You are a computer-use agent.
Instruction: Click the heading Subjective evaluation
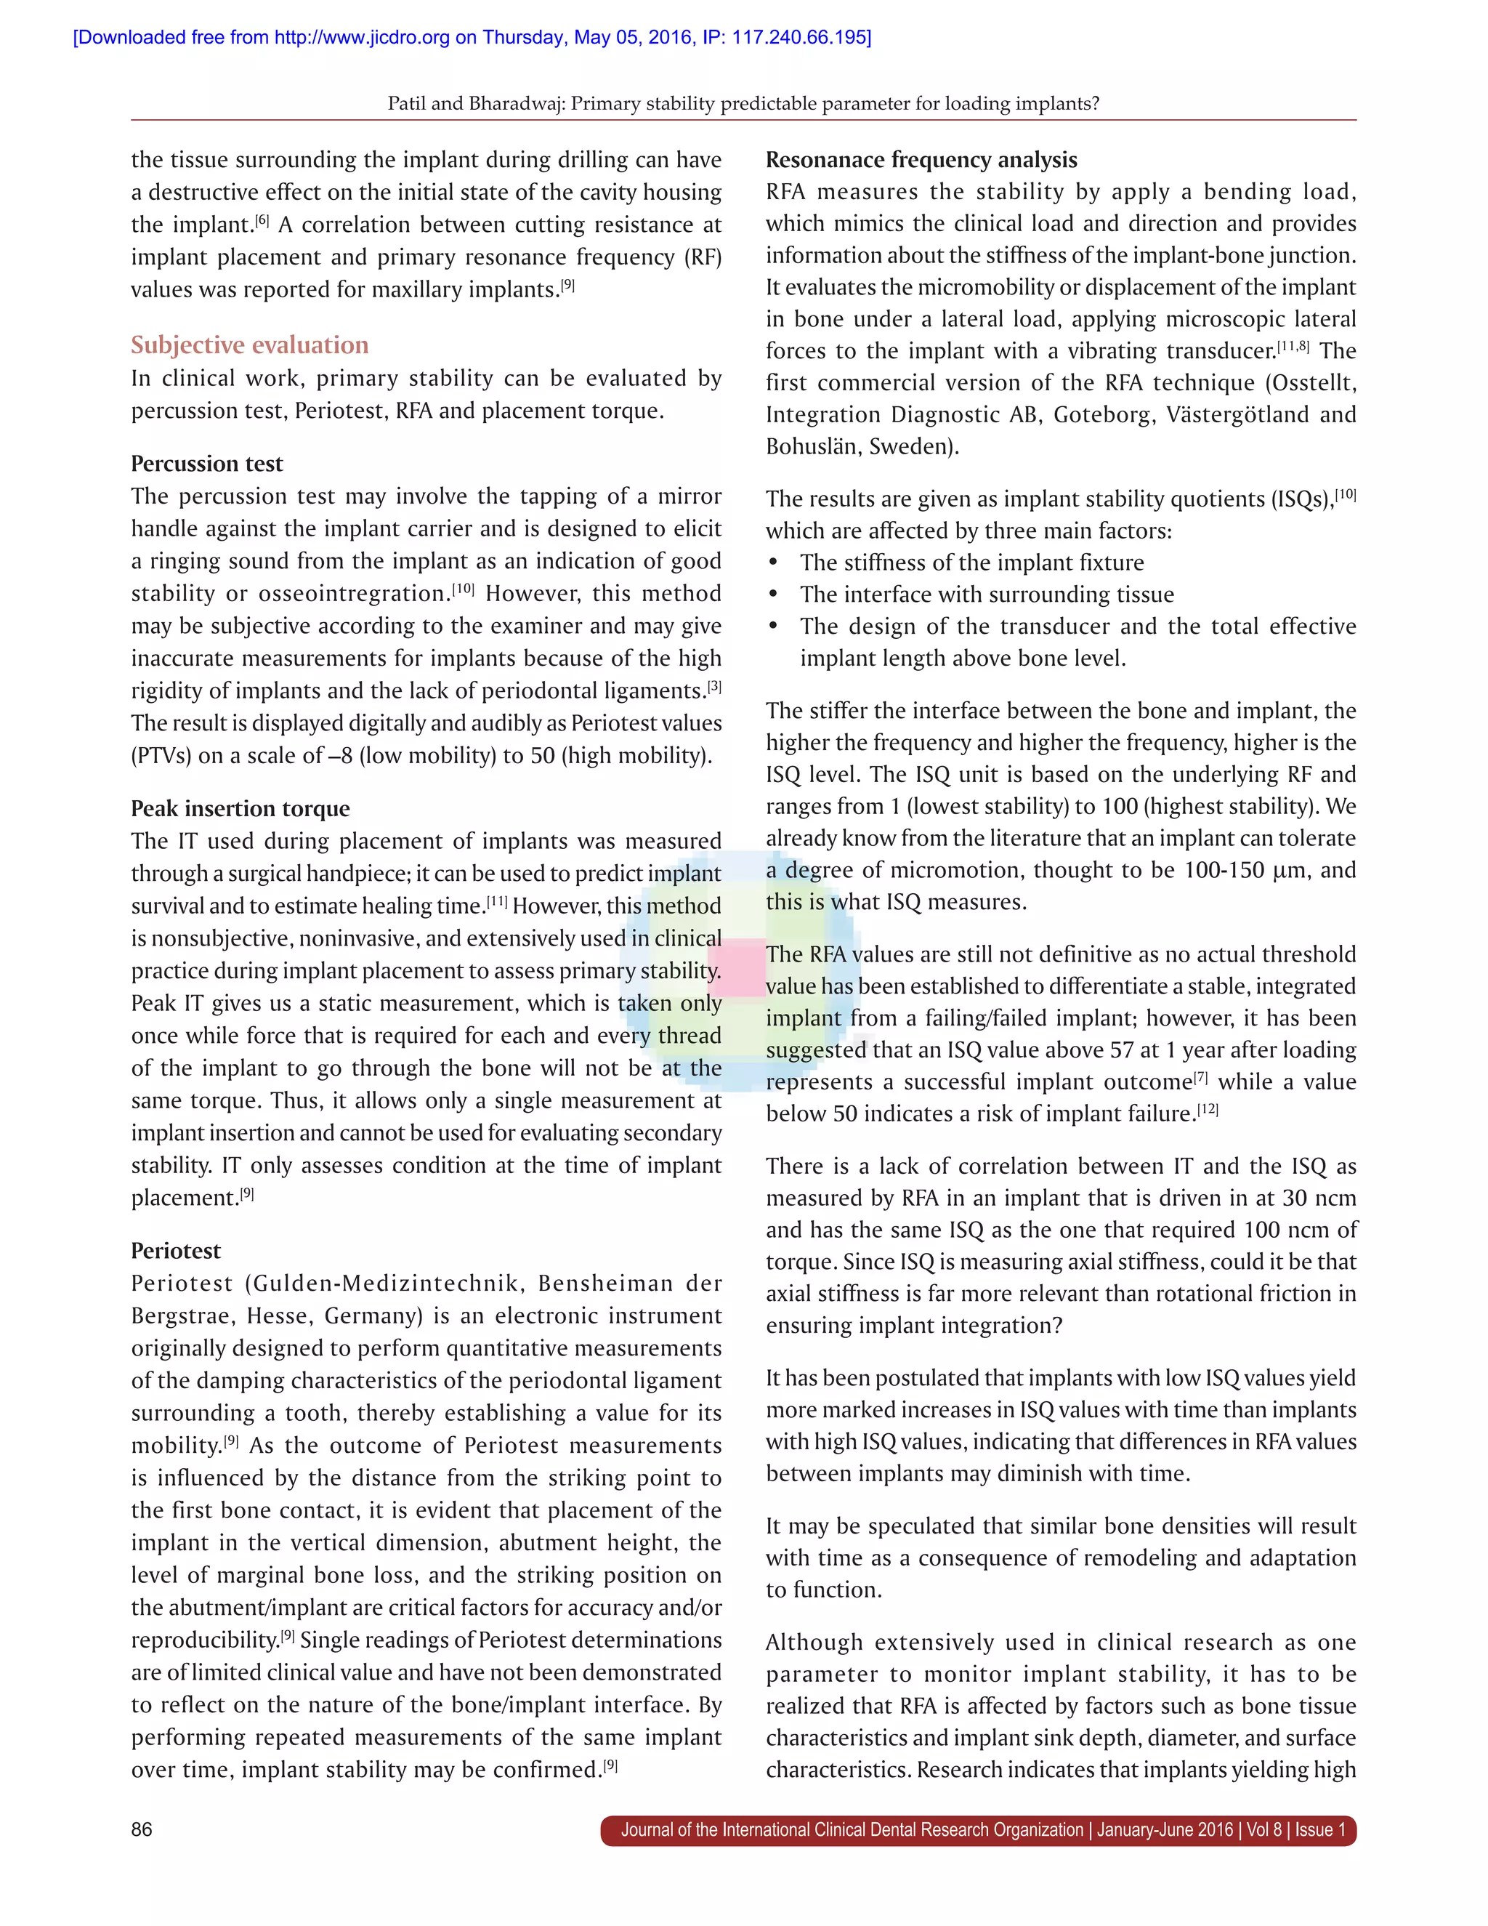tap(249, 344)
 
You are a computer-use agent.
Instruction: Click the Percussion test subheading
tap(207, 464)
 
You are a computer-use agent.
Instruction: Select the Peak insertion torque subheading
tap(240, 809)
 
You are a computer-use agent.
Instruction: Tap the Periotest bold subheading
tap(175, 1251)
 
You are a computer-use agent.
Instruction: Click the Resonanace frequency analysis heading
tap(921, 160)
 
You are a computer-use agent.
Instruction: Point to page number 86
tap(142, 1830)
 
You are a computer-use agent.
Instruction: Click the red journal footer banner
tap(979, 1830)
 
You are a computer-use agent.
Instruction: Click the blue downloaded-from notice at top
tap(472, 37)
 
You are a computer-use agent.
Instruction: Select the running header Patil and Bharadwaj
tap(743, 103)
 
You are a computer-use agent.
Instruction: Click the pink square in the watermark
tap(737, 967)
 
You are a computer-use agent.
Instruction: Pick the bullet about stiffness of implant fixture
tap(971, 563)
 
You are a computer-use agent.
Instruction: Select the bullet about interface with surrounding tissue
tap(987, 595)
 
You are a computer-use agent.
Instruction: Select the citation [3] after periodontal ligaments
tap(714, 686)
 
